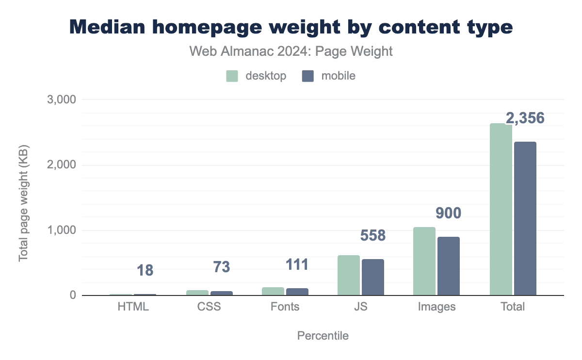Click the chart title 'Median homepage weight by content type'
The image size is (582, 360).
click(x=291, y=27)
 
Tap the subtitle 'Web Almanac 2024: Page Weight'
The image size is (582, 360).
click(x=291, y=51)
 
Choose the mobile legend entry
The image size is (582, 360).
click(x=328, y=76)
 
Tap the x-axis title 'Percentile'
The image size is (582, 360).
click(x=323, y=336)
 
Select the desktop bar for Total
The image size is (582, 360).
click(x=501, y=209)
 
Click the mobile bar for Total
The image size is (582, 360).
click(x=525, y=218)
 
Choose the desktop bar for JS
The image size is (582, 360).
click(x=348, y=275)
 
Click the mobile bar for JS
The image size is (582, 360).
click(x=372, y=277)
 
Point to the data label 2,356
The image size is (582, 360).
click(x=525, y=118)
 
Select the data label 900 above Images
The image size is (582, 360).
click(x=449, y=213)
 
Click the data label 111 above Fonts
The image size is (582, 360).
click(x=296, y=264)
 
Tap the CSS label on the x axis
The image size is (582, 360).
click(x=210, y=307)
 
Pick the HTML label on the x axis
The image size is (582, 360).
click(x=133, y=307)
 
